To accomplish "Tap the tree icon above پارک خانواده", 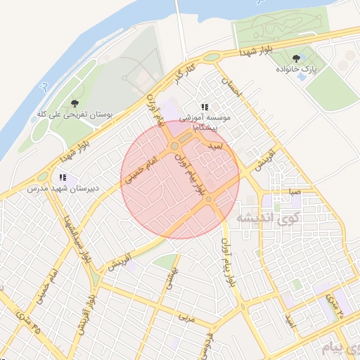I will [295, 59].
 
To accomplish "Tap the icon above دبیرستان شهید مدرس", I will [63, 178].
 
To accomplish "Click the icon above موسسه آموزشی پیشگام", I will [205, 107].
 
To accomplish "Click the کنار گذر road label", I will [184, 72].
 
